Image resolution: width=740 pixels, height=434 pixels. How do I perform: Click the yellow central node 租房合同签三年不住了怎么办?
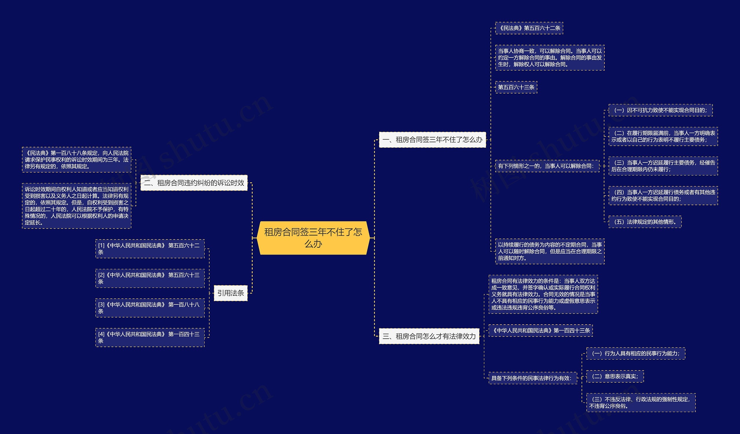click(313, 238)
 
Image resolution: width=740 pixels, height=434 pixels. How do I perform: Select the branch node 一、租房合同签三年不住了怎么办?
click(432, 140)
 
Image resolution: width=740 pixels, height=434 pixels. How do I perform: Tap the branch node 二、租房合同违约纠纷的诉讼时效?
click(194, 183)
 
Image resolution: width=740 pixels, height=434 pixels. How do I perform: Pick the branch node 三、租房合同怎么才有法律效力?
click(429, 336)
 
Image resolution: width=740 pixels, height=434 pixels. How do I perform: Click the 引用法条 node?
click(230, 293)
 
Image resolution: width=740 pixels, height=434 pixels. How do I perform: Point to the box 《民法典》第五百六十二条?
click(529, 28)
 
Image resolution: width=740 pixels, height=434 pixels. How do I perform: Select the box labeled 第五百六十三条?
click(516, 87)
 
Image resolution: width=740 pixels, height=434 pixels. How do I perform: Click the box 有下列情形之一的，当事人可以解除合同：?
click(547, 166)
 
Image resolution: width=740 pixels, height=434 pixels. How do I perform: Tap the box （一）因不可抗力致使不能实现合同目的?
click(661, 110)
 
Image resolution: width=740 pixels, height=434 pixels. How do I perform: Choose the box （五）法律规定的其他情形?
click(645, 222)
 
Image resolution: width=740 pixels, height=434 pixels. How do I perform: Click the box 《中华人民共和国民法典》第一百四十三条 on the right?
click(541, 330)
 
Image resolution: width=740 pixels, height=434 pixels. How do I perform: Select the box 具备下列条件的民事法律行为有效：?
click(532, 378)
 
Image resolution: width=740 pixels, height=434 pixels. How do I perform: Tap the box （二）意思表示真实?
click(615, 376)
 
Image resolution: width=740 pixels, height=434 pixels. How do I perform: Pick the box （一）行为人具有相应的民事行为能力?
click(635, 353)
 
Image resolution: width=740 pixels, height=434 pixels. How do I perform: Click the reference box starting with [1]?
click(150, 249)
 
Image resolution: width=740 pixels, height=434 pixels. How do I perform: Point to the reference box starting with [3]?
click(150, 308)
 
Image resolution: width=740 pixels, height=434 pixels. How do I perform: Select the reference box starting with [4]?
click(150, 338)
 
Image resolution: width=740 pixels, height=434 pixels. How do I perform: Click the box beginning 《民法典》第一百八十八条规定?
click(77, 160)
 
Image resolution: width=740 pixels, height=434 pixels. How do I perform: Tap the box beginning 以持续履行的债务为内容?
click(550, 251)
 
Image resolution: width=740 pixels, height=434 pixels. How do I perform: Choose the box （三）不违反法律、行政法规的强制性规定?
click(641, 402)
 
